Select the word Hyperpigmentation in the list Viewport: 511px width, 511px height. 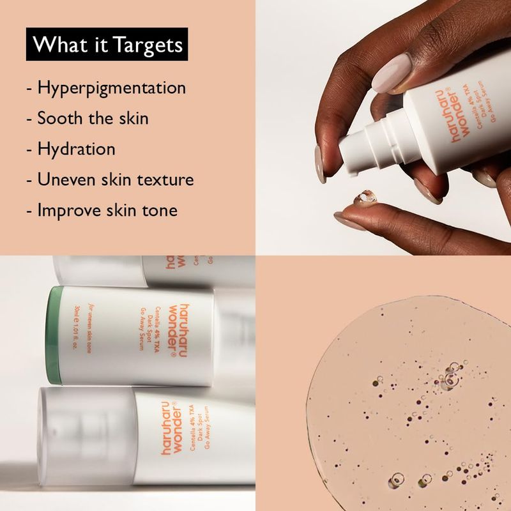click(x=111, y=88)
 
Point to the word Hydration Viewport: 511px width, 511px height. click(x=76, y=149)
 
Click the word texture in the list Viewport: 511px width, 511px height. click(x=165, y=179)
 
